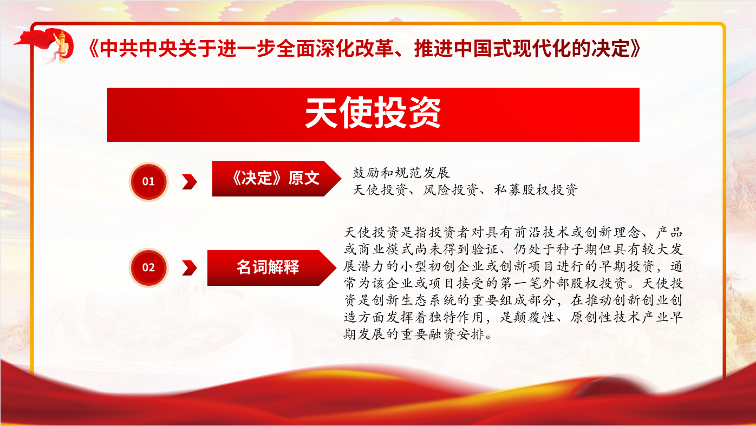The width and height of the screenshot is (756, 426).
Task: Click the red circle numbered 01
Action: click(x=148, y=181)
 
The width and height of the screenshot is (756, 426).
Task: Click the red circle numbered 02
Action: click(x=148, y=267)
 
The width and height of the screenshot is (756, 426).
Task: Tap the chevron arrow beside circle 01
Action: click(x=190, y=182)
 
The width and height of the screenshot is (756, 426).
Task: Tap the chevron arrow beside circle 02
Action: click(x=190, y=268)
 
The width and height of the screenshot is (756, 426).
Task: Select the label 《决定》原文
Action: click(x=276, y=178)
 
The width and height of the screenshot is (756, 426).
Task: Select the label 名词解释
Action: click(x=268, y=267)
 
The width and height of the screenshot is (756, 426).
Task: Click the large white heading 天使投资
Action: click(x=373, y=113)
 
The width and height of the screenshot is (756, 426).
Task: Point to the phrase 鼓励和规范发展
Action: click(x=401, y=173)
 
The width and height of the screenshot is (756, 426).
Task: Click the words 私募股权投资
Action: click(x=536, y=190)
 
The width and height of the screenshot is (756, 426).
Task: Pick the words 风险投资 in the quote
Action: click(x=451, y=190)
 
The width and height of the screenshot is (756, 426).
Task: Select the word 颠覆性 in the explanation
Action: click(x=535, y=317)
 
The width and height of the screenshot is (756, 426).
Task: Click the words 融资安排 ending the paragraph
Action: click(x=457, y=335)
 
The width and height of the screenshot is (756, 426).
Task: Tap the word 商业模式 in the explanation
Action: click(x=386, y=249)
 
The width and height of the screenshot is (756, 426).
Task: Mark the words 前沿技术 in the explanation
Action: click(x=542, y=232)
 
